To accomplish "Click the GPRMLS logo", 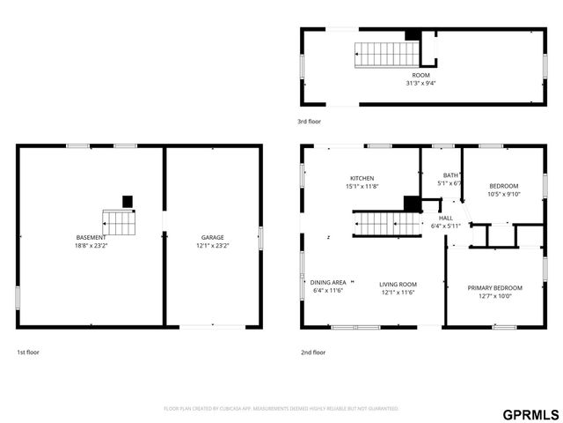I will (530, 414).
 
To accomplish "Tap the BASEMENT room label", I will (91, 237).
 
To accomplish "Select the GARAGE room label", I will (212, 237).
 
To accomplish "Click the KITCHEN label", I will (362, 178).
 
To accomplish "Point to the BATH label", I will (450, 175).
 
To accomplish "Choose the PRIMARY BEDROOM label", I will (495, 287).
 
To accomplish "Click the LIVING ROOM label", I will (398, 284).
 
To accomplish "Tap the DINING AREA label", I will (329, 282).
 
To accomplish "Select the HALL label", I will (446, 218).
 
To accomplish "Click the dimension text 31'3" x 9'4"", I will (420, 84).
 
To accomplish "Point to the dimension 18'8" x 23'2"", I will (91, 246).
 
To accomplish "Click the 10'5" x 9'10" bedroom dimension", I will (504, 194).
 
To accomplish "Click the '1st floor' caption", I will (27, 352).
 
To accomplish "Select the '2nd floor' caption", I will (313, 352).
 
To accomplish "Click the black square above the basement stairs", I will (128, 201).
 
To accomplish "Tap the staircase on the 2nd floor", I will (387, 224).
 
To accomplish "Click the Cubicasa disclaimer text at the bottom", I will (281, 408).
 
